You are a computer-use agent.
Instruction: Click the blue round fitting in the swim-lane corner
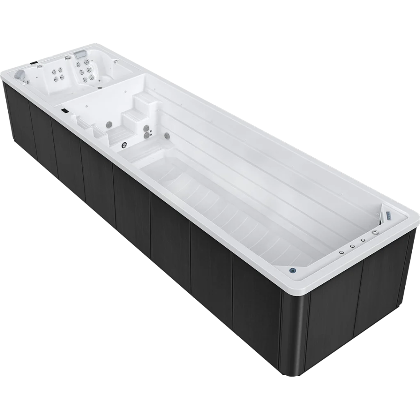(x=292, y=270)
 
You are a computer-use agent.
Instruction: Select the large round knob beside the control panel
(x=374, y=232)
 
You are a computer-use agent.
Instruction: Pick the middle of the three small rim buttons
(x=352, y=246)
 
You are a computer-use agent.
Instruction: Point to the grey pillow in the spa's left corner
(x=19, y=75)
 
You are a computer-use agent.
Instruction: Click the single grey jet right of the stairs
(x=167, y=135)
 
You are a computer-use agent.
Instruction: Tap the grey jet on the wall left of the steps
(x=110, y=124)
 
